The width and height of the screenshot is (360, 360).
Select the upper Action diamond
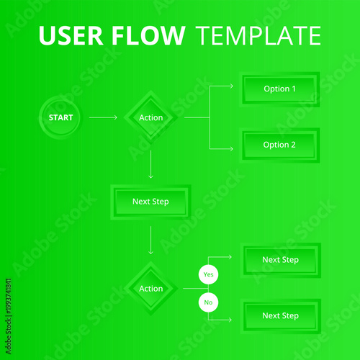click(150, 117)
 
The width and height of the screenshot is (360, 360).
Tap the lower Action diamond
click(150, 289)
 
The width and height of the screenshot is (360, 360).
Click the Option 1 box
click(279, 89)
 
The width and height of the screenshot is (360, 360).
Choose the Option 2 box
click(279, 145)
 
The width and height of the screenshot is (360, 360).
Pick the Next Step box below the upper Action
click(150, 202)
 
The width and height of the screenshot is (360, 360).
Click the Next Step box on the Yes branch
click(280, 260)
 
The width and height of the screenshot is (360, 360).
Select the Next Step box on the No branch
click(280, 316)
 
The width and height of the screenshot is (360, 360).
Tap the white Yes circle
click(208, 274)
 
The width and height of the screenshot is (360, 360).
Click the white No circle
click(208, 303)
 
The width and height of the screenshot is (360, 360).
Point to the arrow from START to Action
click(104, 117)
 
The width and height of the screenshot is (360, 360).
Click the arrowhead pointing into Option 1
click(231, 86)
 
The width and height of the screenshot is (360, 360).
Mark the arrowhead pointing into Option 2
click(231, 148)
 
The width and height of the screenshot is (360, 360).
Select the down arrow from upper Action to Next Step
click(150, 166)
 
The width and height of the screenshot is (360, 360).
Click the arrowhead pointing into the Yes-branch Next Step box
click(230, 256)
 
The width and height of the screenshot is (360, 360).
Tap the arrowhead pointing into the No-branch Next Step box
click(230, 320)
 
